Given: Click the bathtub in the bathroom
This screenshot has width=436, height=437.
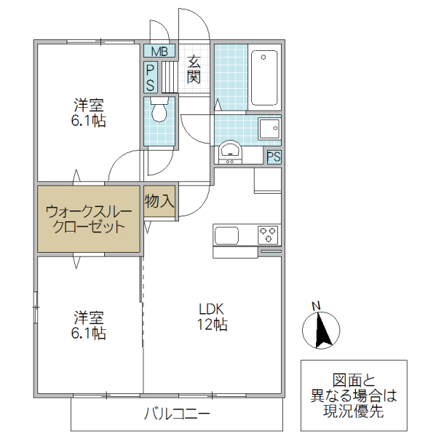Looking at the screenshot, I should (265, 78).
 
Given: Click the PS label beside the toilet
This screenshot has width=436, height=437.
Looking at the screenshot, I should (150, 77).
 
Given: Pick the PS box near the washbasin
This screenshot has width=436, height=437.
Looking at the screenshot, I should (274, 157).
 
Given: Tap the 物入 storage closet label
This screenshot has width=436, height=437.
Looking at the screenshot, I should (159, 200).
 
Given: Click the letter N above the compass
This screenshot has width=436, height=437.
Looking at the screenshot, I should (316, 306).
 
